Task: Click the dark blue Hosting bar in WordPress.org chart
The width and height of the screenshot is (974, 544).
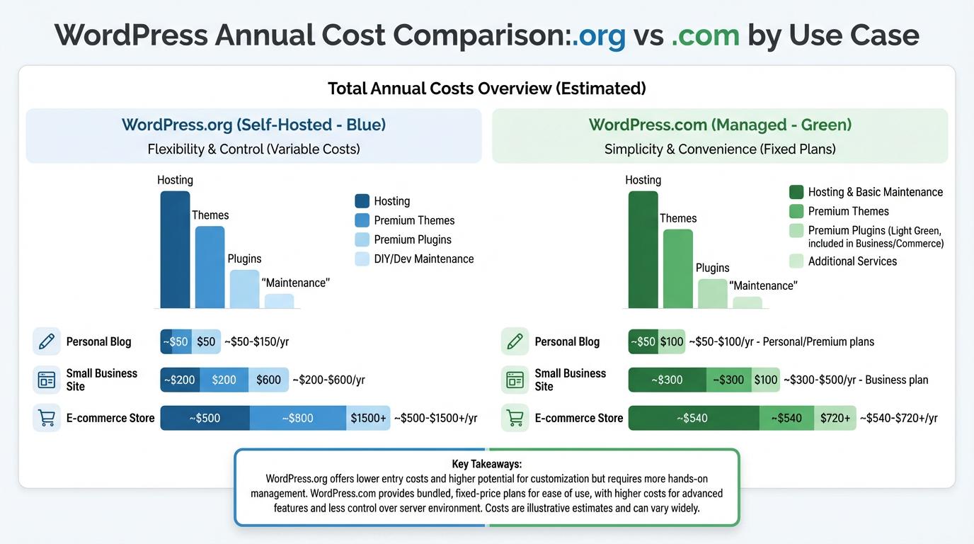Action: (x=175, y=249)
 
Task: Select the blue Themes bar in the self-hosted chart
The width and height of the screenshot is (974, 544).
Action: (x=210, y=267)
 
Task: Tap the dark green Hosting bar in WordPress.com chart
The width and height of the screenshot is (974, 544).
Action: (x=643, y=249)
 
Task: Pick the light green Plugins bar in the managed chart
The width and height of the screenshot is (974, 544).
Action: (x=712, y=293)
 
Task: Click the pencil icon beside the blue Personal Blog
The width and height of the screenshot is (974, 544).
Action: (x=47, y=341)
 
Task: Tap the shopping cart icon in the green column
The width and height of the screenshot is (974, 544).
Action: (x=515, y=418)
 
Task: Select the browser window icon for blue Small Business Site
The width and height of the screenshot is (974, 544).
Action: (x=47, y=380)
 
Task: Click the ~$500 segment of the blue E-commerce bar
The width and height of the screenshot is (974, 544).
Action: (x=205, y=418)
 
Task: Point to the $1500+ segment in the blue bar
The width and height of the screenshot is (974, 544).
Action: (x=368, y=418)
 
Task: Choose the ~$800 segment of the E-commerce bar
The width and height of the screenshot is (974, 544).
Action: (x=297, y=418)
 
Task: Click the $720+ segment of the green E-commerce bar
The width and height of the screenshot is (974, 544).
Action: (x=835, y=418)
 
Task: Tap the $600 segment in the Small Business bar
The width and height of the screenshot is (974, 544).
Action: (x=268, y=380)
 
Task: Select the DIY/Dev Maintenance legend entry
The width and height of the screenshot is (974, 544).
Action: (x=414, y=259)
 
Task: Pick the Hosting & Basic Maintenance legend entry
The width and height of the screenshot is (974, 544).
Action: (x=866, y=192)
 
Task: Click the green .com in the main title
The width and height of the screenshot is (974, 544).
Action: (x=704, y=35)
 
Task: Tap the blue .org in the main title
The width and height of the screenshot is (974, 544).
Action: (x=600, y=35)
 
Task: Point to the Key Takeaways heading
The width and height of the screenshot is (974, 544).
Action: (x=486, y=464)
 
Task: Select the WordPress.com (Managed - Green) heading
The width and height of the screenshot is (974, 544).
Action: (x=720, y=125)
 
